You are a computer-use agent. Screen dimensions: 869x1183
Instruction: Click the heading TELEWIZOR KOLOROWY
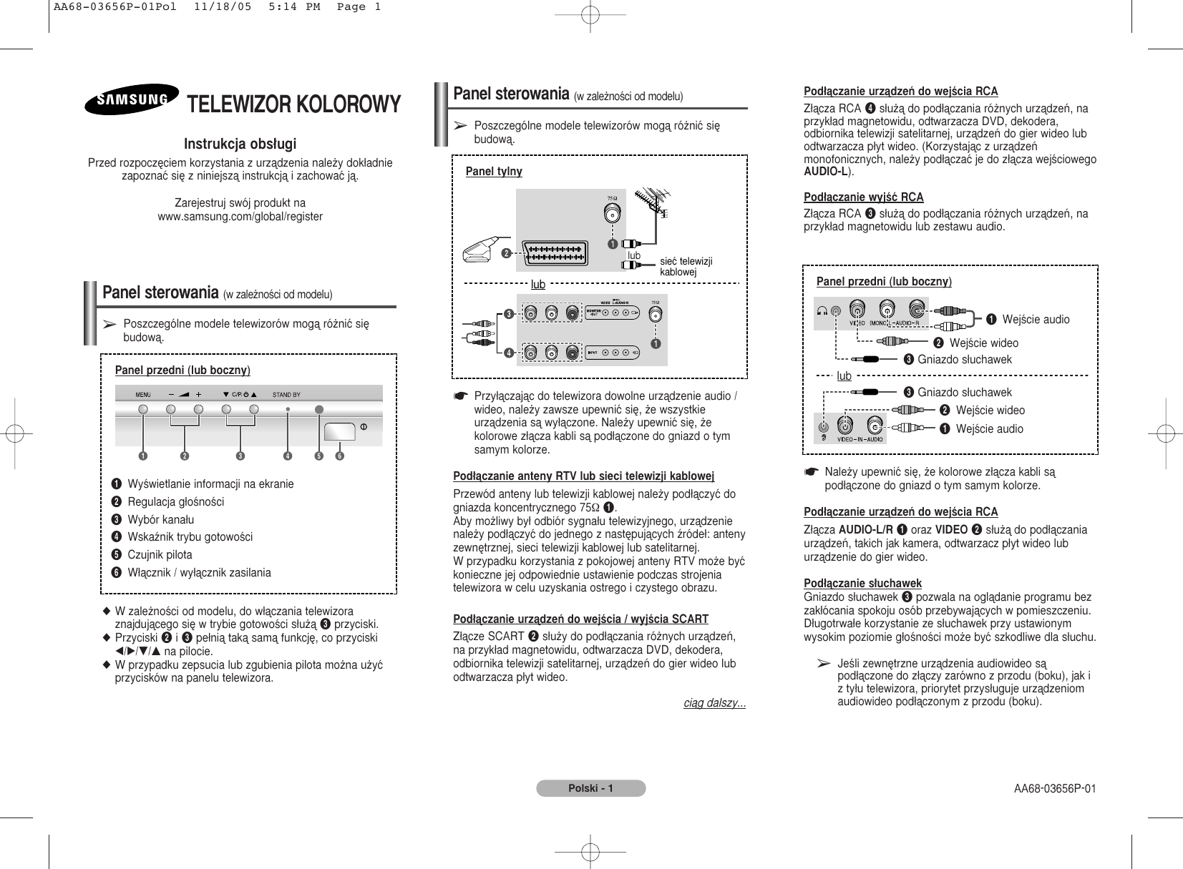[x=293, y=104]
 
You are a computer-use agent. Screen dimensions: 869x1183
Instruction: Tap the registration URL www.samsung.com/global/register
[x=240, y=217]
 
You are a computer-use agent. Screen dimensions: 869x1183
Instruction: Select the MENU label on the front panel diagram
[x=143, y=394]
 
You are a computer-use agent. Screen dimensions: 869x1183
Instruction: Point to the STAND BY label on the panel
[x=286, y=394]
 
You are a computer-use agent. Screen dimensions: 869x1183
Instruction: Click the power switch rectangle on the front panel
[x=339, y=432]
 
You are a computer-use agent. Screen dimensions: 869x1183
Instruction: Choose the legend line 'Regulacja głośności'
[x=175, y=502]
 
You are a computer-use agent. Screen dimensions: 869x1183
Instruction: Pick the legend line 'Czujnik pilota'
[x=160, y=555]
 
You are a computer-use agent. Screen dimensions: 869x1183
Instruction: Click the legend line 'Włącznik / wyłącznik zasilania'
[x=199, y=573]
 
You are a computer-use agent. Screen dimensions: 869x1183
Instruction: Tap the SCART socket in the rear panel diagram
[x=555, y=252]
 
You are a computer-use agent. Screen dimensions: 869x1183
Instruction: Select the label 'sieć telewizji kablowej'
[x=686, y=267]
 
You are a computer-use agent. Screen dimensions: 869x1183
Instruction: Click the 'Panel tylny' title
[x=494, y=172]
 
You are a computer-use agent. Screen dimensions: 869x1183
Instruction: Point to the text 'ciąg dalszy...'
[x=714, y=703]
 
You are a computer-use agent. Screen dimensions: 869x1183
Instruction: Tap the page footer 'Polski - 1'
[x=591, y=788]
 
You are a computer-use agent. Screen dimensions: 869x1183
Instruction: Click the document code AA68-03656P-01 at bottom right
[x=1054, y=789]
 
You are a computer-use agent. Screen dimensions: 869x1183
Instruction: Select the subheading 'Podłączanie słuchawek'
[x=863, y=583]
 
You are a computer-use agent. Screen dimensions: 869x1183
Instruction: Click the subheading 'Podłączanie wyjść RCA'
[x=864, y=197]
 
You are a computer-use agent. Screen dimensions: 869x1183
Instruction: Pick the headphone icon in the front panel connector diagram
[x=823, y=310]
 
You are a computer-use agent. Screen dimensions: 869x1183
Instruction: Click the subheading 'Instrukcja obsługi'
[x=240, y=144]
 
